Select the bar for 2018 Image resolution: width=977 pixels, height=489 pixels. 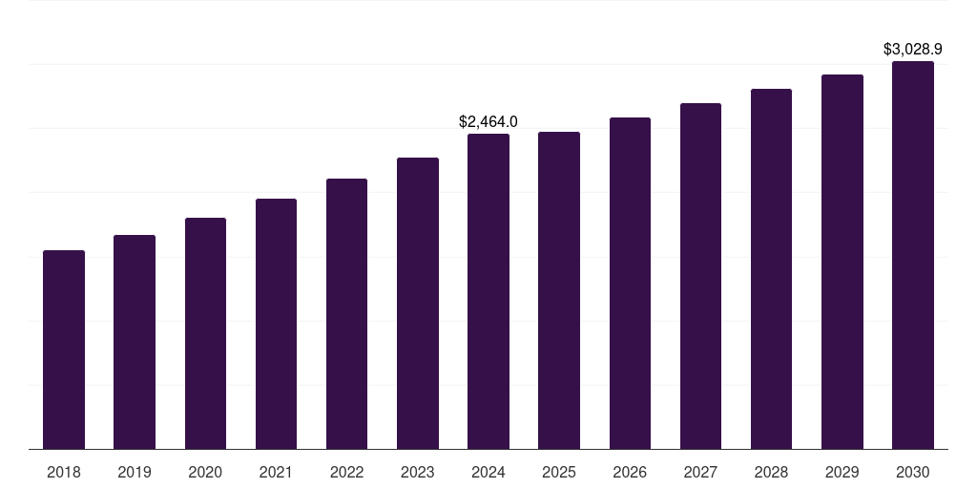click(64, 350)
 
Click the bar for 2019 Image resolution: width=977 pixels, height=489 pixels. click(135, 342)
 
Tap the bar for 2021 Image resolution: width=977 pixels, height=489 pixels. click(276, 324)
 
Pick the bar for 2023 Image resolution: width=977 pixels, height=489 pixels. click(418, 304)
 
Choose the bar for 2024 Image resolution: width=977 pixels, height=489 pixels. click(488, 291)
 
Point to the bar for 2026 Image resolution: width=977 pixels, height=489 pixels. click(630, 284)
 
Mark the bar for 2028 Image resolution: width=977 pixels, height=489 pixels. click(771, 269)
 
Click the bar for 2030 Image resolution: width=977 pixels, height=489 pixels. click(913, 255)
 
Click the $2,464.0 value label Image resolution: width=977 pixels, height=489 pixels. click(488, 122)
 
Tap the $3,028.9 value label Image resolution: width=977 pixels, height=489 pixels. click(913, 49)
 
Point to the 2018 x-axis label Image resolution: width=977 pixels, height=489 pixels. click(64, 472)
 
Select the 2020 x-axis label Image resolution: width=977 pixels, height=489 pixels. click(205, 472)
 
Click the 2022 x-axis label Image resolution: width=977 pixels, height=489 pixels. click(346, 472)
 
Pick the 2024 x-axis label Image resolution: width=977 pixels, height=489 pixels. click(488, 472)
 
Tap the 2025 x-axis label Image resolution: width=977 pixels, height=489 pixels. click(559, 472)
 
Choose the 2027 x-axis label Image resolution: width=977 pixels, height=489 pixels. click(700, 472)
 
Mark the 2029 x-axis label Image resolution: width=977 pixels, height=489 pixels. click(842, 472)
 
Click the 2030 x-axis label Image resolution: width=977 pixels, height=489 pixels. click(913, 472)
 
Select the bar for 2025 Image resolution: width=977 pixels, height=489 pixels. click(559, 290)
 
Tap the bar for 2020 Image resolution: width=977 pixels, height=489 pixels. click(205, 333)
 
